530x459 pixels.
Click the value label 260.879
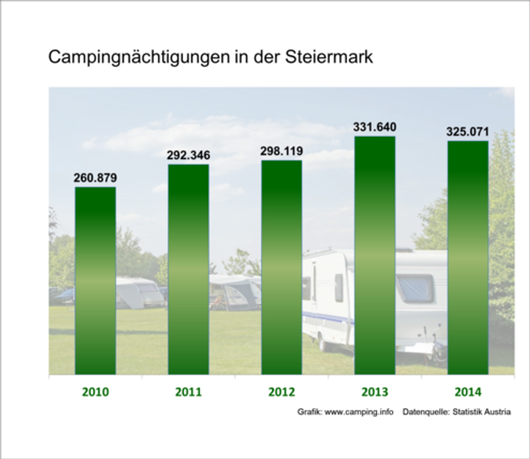[95, 178]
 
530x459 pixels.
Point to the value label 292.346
[188, 155]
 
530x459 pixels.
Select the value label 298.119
[282, 151]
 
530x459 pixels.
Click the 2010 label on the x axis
[95, 392]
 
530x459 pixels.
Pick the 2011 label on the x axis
[188, 392]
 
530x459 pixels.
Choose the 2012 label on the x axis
[282, 392]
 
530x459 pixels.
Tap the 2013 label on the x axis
[375, 392]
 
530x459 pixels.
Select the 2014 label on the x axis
[468, 392]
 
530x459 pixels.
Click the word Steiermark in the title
[328, 57]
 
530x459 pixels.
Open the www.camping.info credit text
[359, 412]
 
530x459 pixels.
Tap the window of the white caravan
[415, 289]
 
